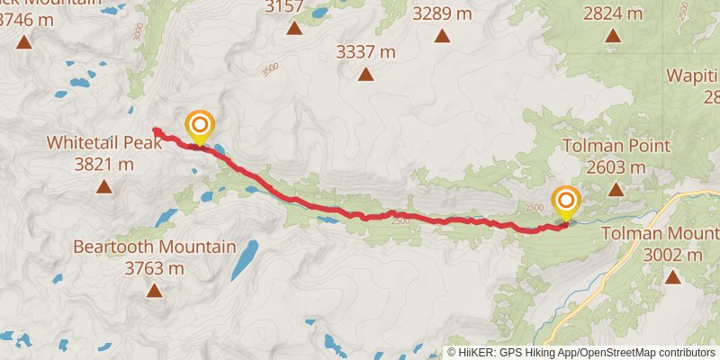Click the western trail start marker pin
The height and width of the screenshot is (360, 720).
click(199, 126)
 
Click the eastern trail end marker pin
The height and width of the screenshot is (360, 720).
click(566, 202)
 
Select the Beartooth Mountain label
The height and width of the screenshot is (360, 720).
click(154, 247)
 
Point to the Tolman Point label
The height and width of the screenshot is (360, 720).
click(616, 146)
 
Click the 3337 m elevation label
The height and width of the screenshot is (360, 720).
click(365, 52)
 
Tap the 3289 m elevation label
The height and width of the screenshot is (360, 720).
click(442, 13)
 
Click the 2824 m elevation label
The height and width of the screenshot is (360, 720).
click(613, 13)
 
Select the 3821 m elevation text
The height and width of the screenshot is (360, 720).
click(103, 164)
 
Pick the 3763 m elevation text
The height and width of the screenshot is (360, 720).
click(154, 267)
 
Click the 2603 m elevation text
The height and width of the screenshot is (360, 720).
click(616, 166)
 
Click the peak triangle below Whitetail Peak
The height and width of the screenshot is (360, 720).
click(103, 187)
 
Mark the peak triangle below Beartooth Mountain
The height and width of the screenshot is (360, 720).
click(155, 291)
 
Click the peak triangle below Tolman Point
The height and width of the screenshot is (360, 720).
click(616, 190)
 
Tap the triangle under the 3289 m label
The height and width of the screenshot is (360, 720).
click(442, 36)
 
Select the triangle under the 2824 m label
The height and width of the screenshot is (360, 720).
click(613, 36)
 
